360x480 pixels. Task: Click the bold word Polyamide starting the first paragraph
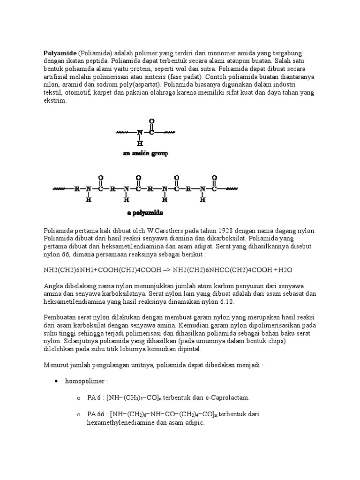[x=60, y=52]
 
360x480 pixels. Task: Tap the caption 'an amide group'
[x=145, y=153]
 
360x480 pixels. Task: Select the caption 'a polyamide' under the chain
[x=145, y=213]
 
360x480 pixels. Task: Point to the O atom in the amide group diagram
[x=151, y=120]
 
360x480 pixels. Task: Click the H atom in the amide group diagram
[x=139, y=143]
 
